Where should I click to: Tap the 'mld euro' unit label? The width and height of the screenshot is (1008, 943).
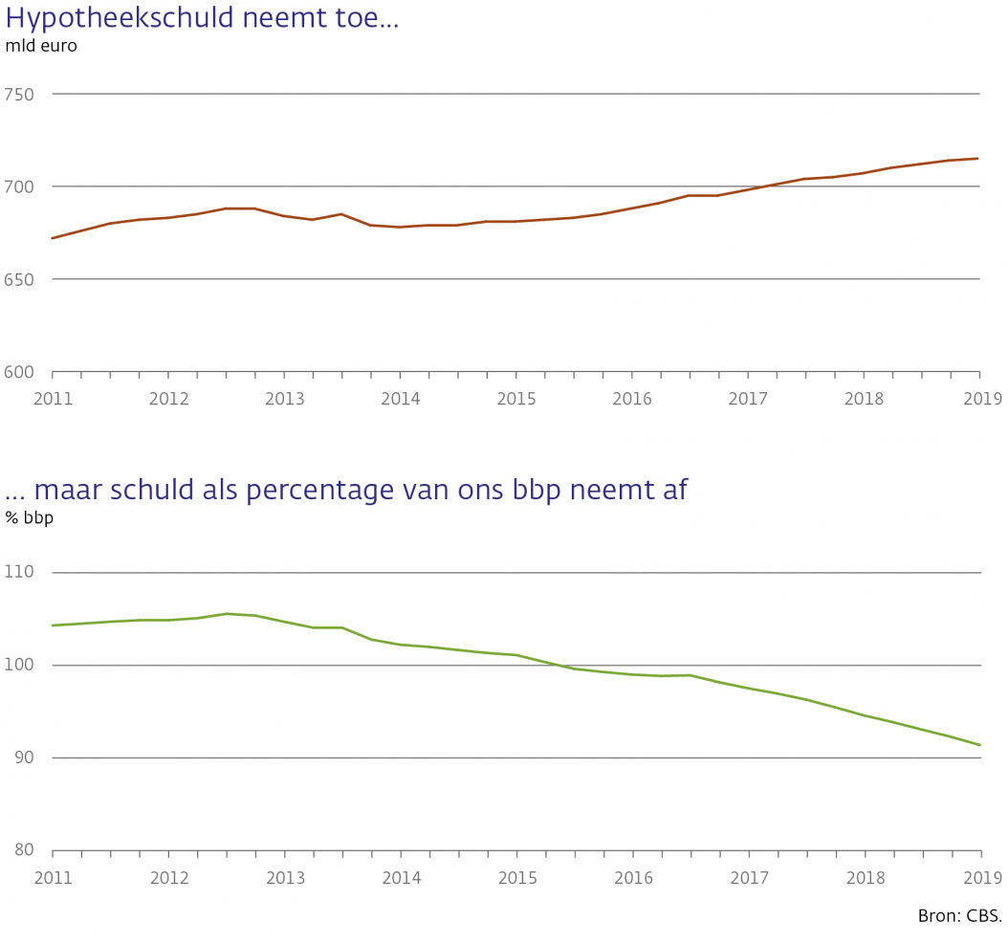click(x=41, y=46)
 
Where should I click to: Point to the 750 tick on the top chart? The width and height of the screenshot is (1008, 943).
click(x=19, y=94)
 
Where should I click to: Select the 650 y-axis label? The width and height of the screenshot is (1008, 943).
click(x=19, y=279)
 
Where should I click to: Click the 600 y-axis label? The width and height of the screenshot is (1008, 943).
click(x=19, y=372)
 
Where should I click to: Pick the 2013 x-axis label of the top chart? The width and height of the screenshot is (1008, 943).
click(x=284, y=398)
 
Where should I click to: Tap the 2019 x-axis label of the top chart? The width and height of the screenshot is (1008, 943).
click(x=981, y=398)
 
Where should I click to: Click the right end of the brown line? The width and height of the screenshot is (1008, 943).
click(x=977, y=159)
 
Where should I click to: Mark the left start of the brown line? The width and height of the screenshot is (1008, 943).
click(x=53, y=238)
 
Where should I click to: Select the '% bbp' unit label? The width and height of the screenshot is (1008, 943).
click(x=30, y=518)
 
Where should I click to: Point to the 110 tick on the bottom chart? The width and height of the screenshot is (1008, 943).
click(x=19, y=572)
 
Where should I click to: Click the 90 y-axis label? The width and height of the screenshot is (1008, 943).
click(x=23, y=757)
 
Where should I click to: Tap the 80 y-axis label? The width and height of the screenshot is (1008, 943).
click(x=23, y=850)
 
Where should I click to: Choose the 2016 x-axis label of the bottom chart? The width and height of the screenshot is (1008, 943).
click(x=632, y=877)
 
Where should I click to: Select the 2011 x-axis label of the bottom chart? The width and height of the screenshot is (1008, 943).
click(x=53, y=877)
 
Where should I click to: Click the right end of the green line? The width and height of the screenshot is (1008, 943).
click(x=980, y=745)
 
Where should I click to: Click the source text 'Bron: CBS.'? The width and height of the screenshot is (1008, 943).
click(x=959, y=916)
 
